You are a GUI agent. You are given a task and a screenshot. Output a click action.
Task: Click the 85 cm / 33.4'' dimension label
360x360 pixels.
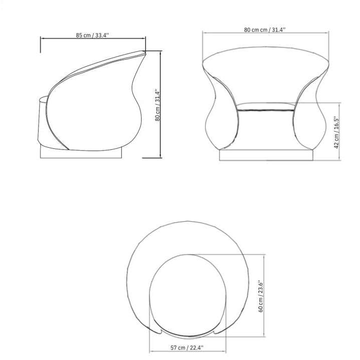(x=92, y=35)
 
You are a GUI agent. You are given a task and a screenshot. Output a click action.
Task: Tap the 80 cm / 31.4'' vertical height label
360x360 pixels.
(x=157, y=105)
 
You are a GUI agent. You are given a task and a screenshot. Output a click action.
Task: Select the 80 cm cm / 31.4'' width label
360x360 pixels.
(x=265, y=30)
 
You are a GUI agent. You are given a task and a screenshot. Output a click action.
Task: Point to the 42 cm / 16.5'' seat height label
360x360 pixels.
(x=336, y=133)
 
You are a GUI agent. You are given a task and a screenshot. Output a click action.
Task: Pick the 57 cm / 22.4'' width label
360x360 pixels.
(x=187, y=347)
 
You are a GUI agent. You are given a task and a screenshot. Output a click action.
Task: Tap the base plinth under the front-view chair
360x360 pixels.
(x=266, y=155)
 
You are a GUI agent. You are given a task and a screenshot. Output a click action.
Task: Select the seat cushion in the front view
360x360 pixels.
(x=266, y=107)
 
